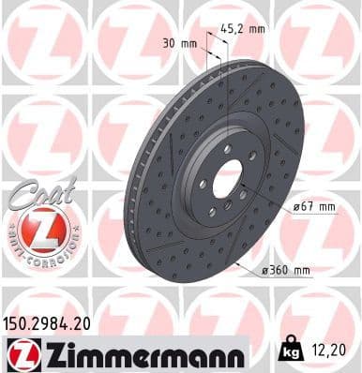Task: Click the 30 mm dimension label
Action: [x=178, y=43]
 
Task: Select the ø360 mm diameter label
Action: [x=286, y=271]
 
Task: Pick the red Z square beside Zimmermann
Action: [x=19, y=354]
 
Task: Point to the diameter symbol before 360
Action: [x=267, y=271]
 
